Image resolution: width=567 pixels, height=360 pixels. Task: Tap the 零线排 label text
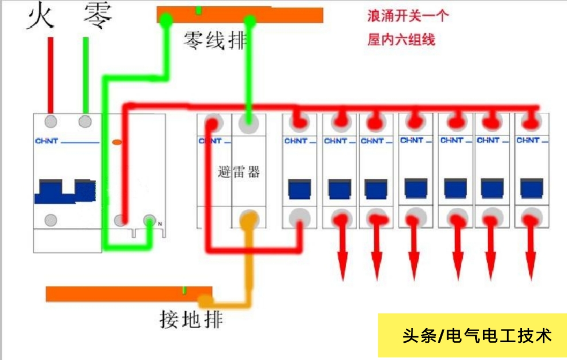tap(215, 42)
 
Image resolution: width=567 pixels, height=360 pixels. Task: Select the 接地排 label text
tap(191, 319)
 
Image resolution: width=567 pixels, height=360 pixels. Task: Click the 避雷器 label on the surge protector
tap(239, 172)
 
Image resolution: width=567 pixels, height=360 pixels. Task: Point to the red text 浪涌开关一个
tap(408, 17)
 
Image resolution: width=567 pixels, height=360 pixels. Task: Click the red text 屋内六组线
tap(401, 40)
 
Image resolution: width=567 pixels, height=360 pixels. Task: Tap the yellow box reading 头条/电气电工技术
tap(472, 335)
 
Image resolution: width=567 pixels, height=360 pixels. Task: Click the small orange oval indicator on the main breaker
tap(117, 142)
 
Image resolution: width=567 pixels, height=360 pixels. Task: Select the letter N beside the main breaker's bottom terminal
tap(160, 224)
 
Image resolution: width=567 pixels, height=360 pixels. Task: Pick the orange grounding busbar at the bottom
tap(128, 294)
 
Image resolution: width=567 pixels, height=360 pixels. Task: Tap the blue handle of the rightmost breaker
tap(532, 188)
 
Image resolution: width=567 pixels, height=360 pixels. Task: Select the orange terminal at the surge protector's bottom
tap(249, 218)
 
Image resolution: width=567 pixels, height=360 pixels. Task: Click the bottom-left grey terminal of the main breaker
tap(51, 220)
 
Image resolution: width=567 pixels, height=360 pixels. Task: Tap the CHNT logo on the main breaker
tap(47, 141)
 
